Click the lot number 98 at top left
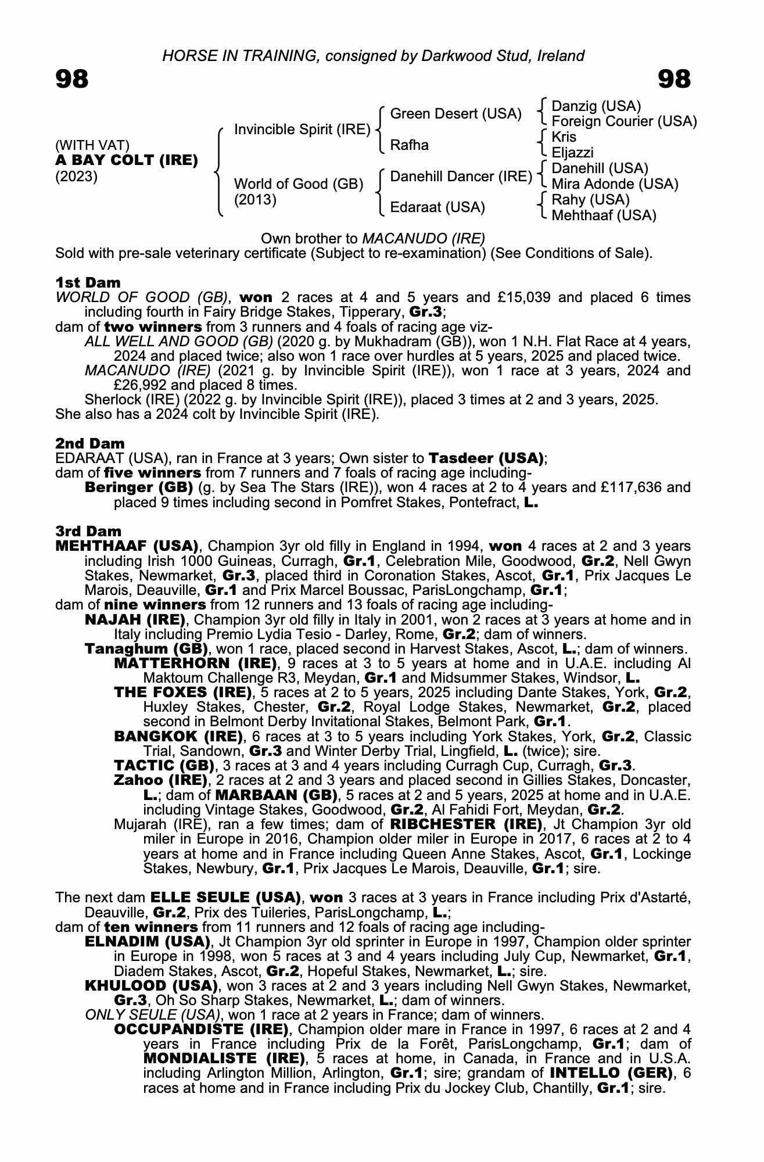point(71,79)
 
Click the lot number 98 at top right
point(674,79)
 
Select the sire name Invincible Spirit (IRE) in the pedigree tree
point(302,130)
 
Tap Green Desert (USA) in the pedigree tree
point(455,114)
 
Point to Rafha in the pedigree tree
point(409,145)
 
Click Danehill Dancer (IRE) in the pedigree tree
point(461,177)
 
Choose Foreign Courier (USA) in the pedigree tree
point(624,121)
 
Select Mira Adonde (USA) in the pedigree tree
point(615,184)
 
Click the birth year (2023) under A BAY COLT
point(76,177)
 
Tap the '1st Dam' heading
point(88,282)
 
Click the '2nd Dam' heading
point(89,444)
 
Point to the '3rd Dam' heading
point(88,531)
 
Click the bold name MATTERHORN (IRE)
point(195,664)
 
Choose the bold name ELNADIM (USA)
point(147,941)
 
